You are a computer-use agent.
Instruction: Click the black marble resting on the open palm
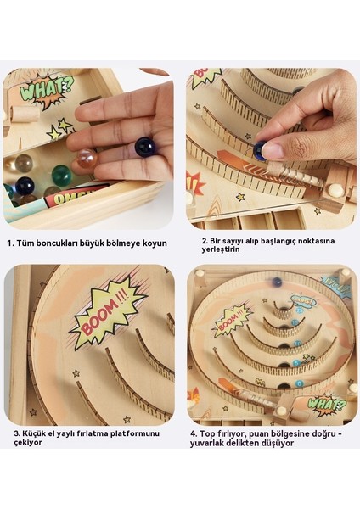144,147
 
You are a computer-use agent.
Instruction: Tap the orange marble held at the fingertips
87,158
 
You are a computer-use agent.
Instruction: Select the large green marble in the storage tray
61,175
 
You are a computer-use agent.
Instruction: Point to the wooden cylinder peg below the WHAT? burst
25,115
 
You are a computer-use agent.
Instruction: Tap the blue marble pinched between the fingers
259,150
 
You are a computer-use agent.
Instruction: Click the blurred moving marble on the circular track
277,282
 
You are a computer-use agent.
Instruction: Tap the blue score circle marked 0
299,383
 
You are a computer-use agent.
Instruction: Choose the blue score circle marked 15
295,322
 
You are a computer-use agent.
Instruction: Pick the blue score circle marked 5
296,363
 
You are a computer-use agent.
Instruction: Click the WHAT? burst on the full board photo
326,405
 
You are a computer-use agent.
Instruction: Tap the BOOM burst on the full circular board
231,320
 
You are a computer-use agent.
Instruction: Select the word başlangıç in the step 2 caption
278,242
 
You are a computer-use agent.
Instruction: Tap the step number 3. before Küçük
17,433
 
